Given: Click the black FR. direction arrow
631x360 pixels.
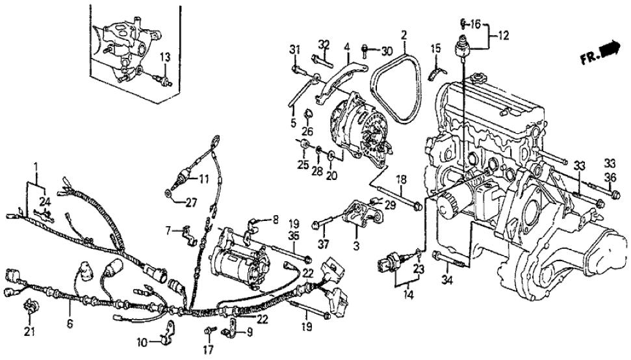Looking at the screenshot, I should (610, 49).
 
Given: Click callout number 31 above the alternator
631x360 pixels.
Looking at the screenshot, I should (294, 51).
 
